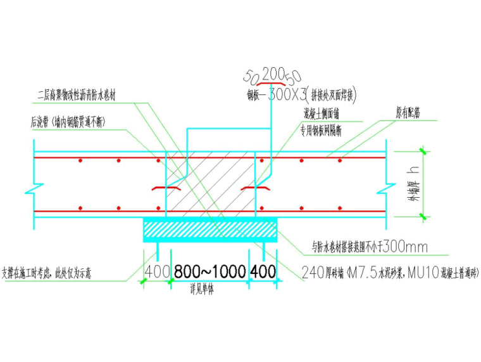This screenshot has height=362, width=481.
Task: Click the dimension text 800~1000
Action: (210, 272)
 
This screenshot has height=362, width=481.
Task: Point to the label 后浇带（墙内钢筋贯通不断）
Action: (68, 120)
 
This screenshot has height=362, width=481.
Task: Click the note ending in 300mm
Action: (370, 247)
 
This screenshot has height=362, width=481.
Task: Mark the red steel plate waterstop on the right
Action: (254, 189)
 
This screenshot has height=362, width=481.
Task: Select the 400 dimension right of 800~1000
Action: (263, 272)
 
